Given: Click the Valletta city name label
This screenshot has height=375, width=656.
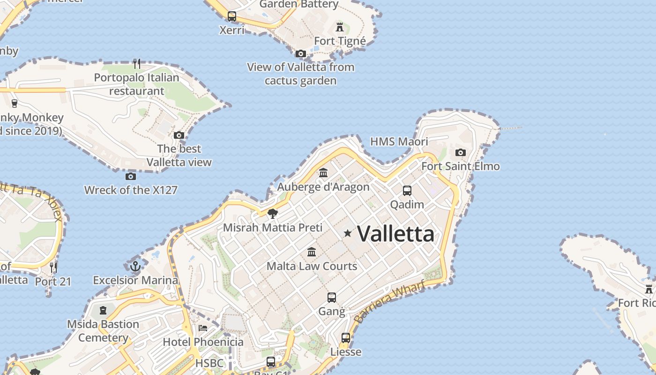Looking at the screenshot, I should pyautogui.click(x=395, y=233).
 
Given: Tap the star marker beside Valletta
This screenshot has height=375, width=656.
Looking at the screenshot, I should pyautogui.click(x=348, y=233).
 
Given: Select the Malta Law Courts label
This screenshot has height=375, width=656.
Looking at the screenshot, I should pyautogui.click(x=312, y=266).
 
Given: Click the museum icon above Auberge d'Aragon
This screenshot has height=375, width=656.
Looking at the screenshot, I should pyautogui.click(x=323, y=173).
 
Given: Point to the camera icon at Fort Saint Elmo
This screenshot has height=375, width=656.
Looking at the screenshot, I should pyautogui.click(x=461, y=152).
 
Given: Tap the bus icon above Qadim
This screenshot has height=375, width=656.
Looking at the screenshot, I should pyautogui.click(x=407, y=191).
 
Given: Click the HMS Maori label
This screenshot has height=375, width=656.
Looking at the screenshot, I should pyautogui.click(x=399, y=142).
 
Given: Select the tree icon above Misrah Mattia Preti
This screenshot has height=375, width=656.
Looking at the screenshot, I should pyautogui.click(x=272, y=214).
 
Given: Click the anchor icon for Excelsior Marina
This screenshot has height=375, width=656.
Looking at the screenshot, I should pyautogui.click(x=135, y=266).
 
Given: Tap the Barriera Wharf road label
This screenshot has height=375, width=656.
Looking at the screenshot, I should pyautogui.click(x=389, y=300).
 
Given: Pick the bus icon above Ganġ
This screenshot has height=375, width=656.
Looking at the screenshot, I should pyautogui.click(x=332, y=297).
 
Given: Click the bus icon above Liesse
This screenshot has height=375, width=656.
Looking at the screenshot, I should pyautogui.click(x=346, y=337).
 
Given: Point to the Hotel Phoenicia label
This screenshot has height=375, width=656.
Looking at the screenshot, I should pyautogui.click(x=203, y=342).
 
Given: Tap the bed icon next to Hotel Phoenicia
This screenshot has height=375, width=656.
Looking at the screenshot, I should pyautogui.click(x=203, y=328).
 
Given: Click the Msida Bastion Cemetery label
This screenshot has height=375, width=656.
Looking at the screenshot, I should pyautogui.click(x=103, y=331).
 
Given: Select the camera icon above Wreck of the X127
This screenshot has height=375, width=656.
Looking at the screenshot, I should pyautogui.click(x=131, y=176).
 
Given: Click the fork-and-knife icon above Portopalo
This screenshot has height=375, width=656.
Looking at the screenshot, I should pyautogui.click(x=136, y=64).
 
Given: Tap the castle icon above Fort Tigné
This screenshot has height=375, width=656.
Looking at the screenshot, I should pyautogui.click(x=340, y=27).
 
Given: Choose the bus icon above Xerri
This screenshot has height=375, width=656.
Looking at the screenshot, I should pyautogui.click(x=232, y=16).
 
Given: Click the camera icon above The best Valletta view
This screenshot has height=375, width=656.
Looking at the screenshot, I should pyautogui.click(x=179, y=135).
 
